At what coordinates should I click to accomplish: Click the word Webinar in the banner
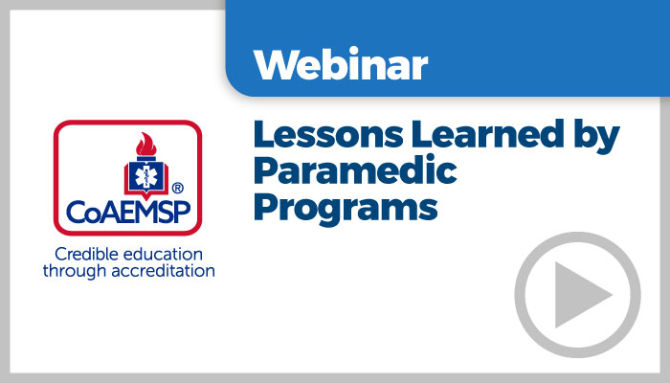341,64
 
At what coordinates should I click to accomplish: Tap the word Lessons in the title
328,134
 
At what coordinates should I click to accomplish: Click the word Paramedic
355,170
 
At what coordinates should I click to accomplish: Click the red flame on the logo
146,145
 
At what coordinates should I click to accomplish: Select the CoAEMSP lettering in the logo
128,212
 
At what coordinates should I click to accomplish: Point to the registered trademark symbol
177,188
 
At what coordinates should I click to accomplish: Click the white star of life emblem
146,176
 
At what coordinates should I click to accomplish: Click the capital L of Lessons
264,134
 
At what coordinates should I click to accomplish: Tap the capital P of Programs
265,207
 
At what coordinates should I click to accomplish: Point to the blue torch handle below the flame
146,158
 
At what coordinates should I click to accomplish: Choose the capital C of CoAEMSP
76,212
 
